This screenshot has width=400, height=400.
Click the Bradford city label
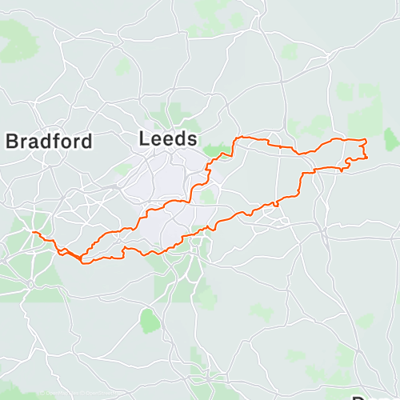tap(49, 142)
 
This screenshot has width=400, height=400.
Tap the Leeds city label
tap(167, 138)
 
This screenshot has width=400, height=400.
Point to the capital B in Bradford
tap(12, 142)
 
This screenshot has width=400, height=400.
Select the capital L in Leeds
tap(144, 138)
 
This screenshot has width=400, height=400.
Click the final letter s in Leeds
tap(191, 139)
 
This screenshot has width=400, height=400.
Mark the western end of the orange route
tap(33, 232)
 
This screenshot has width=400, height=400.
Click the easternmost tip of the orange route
tap(367, 156)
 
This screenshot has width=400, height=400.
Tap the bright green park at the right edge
tap(390, 139)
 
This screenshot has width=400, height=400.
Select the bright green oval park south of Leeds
tap(149, 321)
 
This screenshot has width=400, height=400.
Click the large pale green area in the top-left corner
tap(16, 40)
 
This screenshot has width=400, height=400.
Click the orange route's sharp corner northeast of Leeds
tap(235, 138)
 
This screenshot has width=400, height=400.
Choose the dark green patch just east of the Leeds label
tap(212, 150)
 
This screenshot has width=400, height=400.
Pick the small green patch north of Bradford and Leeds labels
tap(122, 67)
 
